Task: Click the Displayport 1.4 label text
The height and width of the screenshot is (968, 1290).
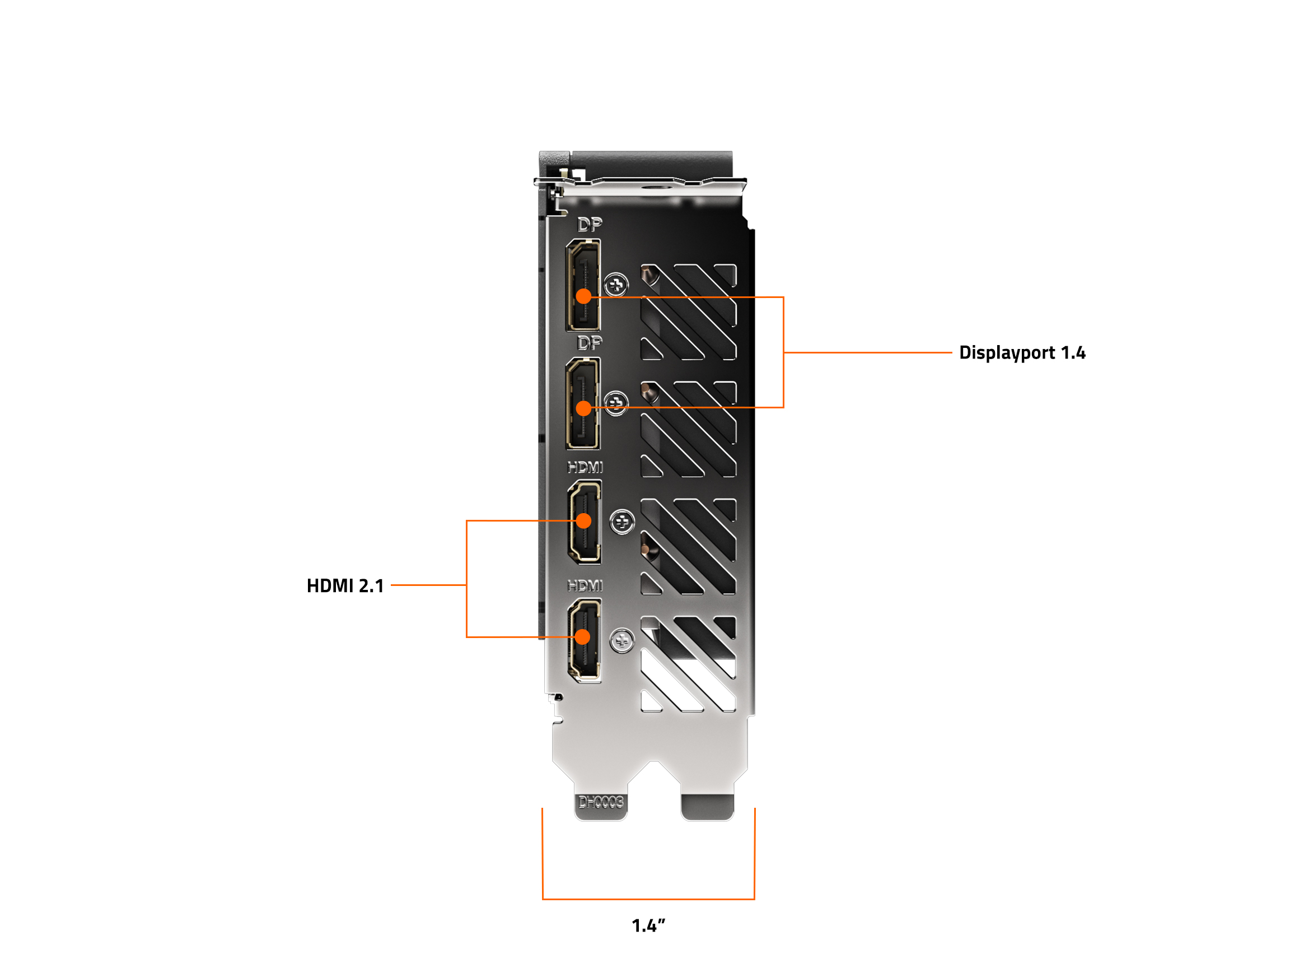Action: [1022, 352]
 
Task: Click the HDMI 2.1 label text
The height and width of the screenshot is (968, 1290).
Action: [345, 586]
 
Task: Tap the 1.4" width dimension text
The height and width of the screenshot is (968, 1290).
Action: [648, 925]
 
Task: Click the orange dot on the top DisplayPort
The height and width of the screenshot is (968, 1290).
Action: [583, 296]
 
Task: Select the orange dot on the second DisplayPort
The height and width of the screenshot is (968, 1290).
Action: [583, 408]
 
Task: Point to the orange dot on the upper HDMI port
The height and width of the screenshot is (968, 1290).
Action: [583, 520]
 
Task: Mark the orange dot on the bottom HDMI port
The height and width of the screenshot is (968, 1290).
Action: [582, 636]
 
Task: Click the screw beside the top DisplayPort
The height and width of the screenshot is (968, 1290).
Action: [616, 285]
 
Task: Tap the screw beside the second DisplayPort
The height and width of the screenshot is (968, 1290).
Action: [616, 403]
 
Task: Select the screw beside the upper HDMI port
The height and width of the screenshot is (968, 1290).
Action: [622, 522]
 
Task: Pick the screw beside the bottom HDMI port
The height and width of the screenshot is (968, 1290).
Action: [621, 641]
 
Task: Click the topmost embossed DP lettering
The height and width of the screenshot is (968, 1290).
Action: [589, 225]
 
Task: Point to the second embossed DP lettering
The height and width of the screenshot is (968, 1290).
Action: [589, 343]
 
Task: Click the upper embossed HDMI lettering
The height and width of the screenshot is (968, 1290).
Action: [585, 467]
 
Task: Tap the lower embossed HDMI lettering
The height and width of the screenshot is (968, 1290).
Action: [585, 586]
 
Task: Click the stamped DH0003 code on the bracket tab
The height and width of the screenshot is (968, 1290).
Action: [601, 802]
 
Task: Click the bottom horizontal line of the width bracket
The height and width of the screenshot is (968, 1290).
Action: [648, 899]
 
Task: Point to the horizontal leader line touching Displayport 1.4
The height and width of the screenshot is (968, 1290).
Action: [868, 352]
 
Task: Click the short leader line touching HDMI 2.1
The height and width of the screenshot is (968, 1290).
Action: [428, 585]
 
